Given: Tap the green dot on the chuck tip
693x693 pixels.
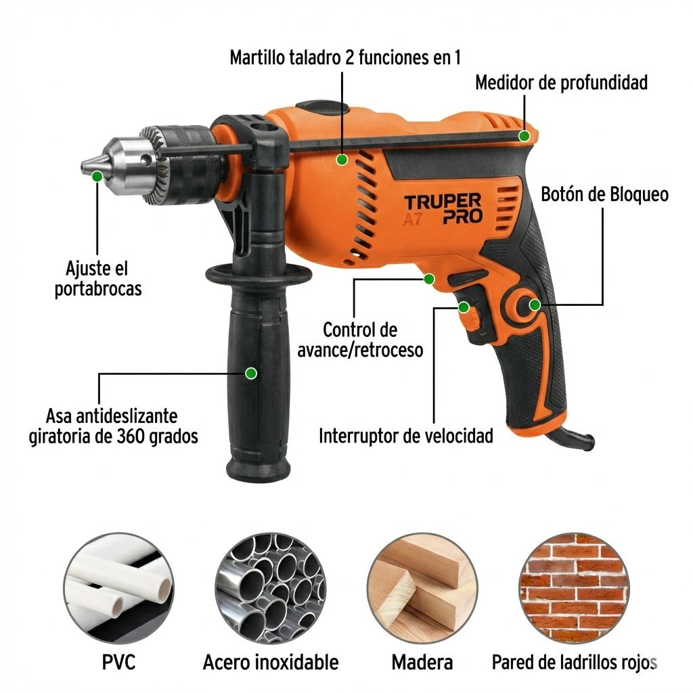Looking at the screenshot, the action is tap(97, 177).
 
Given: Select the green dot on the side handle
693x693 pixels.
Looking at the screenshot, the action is tap(251, 374).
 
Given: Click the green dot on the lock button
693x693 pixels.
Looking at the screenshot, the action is tap(535, 305).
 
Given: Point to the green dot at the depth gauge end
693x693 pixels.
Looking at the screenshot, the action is tap(524, 136).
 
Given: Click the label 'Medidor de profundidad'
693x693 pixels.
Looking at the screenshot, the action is tap(561, 83).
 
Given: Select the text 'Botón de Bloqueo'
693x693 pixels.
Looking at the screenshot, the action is tap(604, 194).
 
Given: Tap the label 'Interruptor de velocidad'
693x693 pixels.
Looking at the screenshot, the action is tap(406, 436).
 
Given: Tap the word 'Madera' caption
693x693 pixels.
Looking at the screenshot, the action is tap(422, 663).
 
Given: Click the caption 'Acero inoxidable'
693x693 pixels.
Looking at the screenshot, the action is tap(271, 663).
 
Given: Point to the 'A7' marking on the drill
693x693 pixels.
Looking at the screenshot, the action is tap(413, 219).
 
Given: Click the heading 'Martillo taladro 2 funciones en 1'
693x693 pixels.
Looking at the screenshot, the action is tap(345, 58).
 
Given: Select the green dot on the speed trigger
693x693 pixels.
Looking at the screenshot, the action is tap(464, 307).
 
